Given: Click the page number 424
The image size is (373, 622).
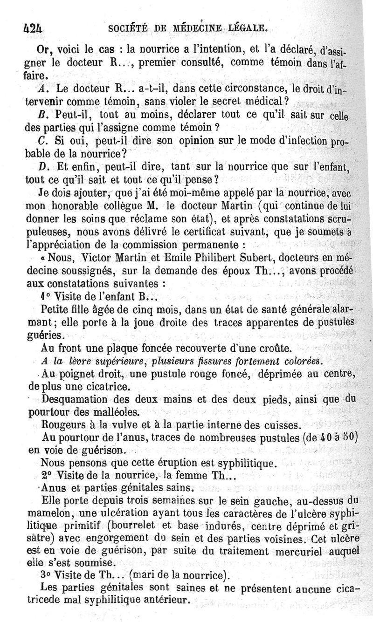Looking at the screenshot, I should click(32, 27).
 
